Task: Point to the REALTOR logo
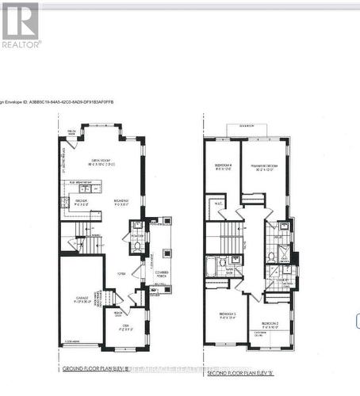(20, 25)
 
